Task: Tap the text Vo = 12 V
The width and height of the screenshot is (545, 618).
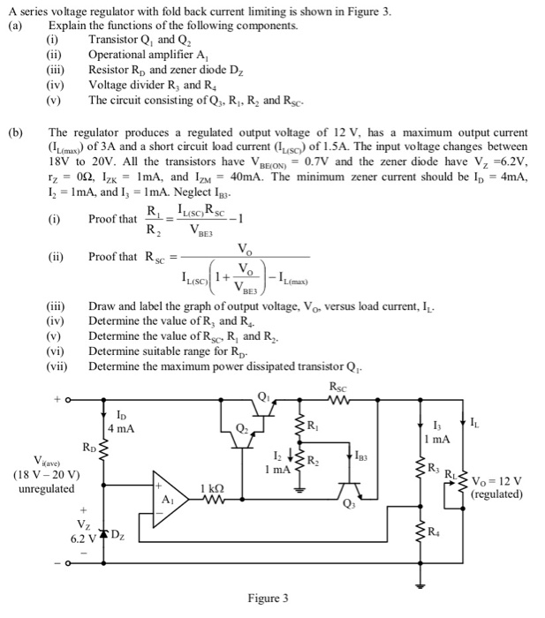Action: click(x=496, y=481)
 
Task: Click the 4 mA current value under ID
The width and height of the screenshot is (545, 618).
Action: click(x=121, y=428)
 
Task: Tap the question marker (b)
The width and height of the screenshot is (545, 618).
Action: click(x=15, y=133)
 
